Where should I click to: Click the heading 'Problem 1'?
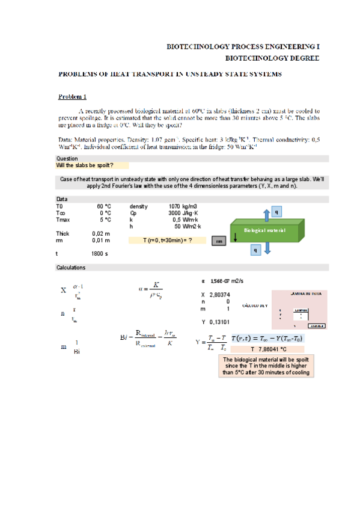click(72, 97)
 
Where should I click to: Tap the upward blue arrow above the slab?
click(266, 213)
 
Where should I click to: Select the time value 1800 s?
click(99, 254)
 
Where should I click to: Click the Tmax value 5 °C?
click(105, 220)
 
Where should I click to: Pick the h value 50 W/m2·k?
click(187, 226)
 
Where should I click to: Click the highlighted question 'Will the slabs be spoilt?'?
click(84, 165)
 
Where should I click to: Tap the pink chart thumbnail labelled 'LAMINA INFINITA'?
click(299, 309)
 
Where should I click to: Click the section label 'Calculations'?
click(71, 267)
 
